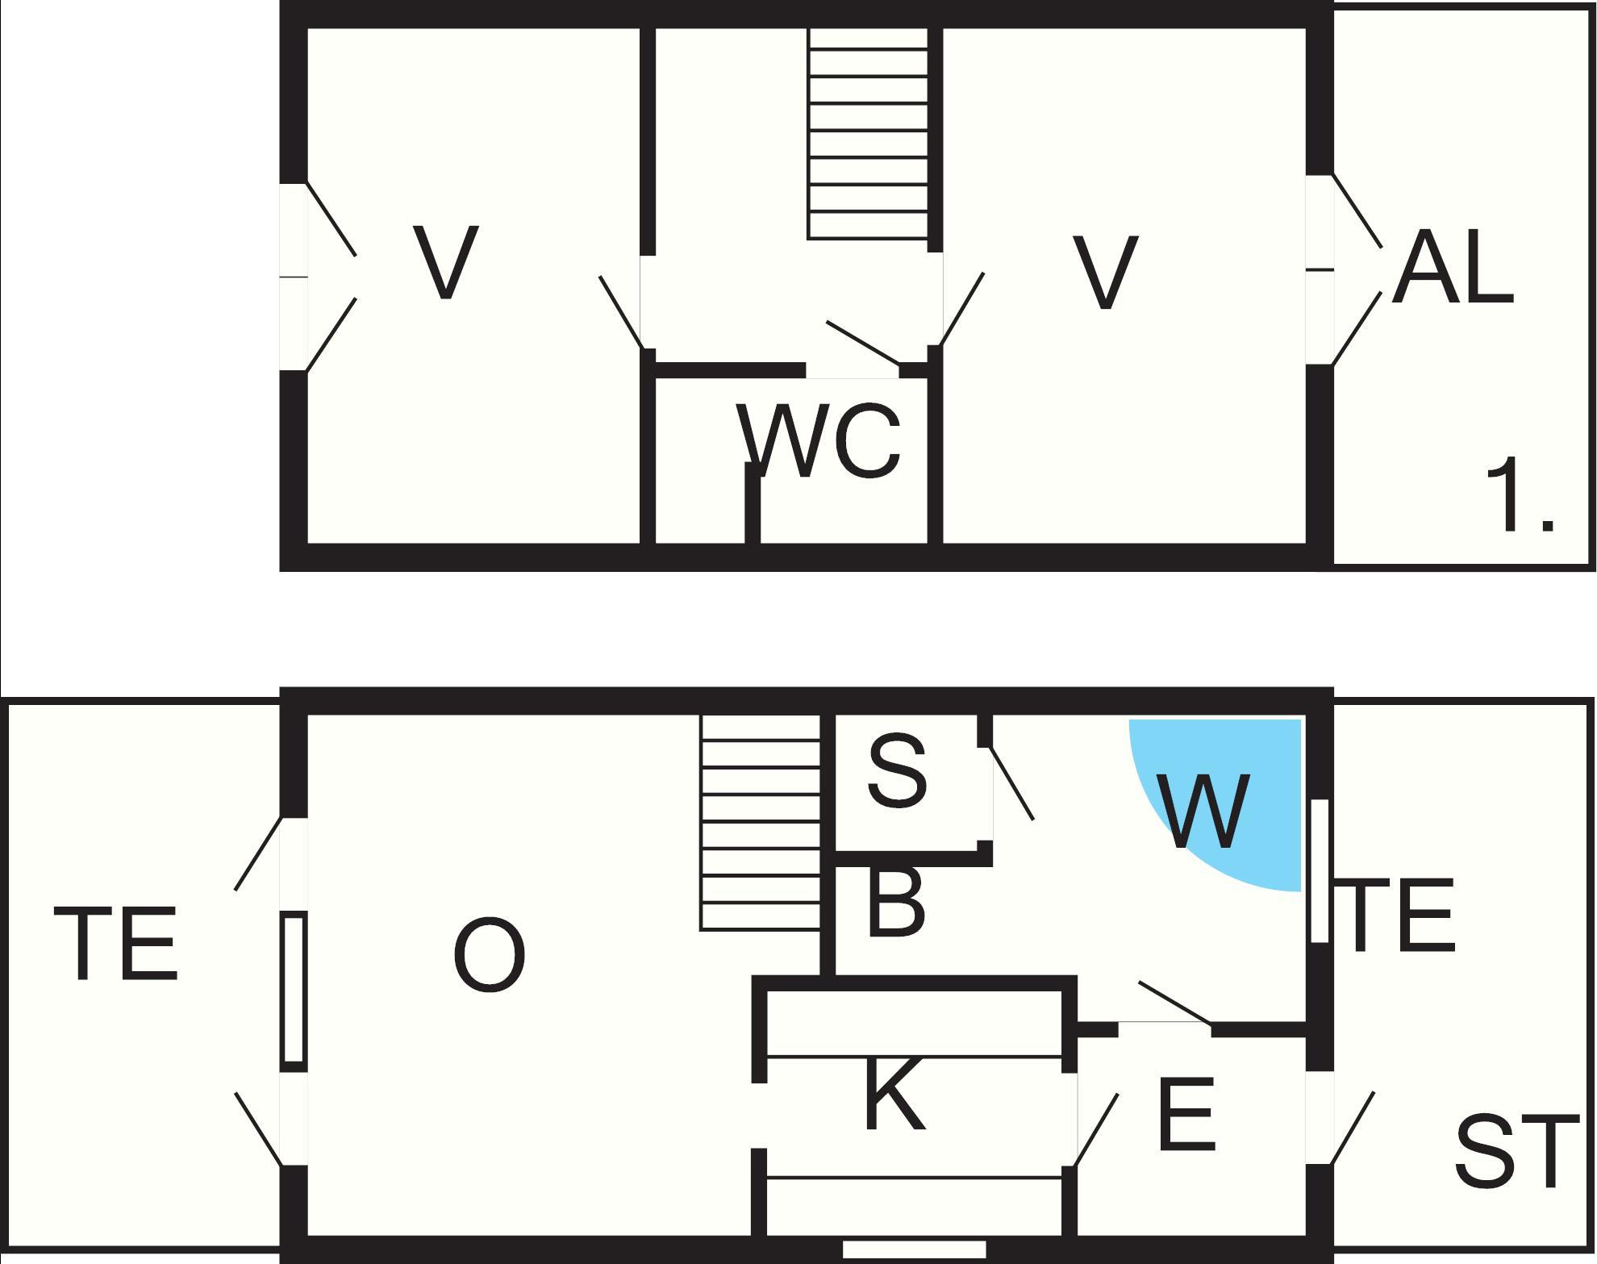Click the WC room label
pos(818,441)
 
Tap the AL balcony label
pos(1452,265)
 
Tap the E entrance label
pos(1185,1113)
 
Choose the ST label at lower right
pos(1516,1153)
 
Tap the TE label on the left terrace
pos(115,943)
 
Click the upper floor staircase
pos(868,134)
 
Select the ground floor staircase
pos(761,823)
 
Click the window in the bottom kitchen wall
pos(914,1249)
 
